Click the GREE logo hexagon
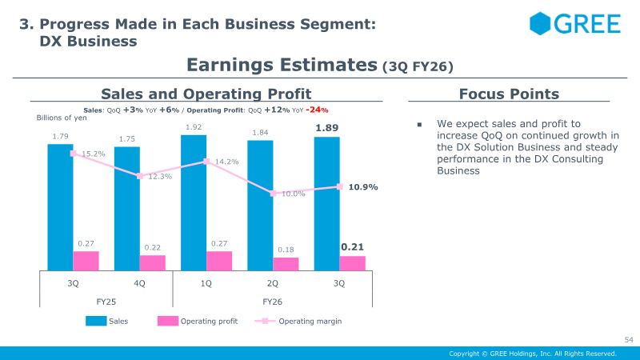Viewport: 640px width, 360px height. coord(540,23)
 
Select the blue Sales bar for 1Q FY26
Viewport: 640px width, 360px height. coord(194,203)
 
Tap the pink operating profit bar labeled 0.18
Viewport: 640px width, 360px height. coord(286,264)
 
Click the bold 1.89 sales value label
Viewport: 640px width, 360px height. coord(327,128)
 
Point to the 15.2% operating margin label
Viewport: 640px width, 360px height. coord(94,154)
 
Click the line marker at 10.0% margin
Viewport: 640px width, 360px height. coord(274,194)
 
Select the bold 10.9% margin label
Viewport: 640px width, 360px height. coord(363,187)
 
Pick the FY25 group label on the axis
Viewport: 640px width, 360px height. coord(106,302)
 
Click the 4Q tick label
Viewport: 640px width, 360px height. coord(139,283)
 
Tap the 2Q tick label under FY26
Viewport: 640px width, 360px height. coord(273,283)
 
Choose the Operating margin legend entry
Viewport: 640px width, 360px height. coord(298,322)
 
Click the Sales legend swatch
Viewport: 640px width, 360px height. coord(96,321)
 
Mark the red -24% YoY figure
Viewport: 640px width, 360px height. coord(317,110)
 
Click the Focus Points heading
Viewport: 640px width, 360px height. coord(509,94)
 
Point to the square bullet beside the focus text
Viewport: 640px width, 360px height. coord(419,125)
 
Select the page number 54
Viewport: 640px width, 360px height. coord(629,339)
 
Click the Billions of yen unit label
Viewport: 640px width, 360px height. coord(62,118)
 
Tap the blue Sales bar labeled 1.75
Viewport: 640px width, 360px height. coord(127,209)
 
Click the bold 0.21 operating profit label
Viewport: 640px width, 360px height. coord(352,247)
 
